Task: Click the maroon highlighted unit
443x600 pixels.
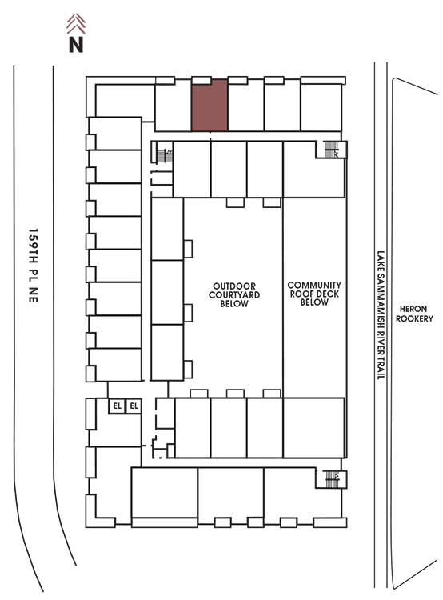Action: [x=210, y=106]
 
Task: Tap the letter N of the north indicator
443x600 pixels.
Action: [x=76, y=44]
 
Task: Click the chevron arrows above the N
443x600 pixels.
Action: [x=76, y=24]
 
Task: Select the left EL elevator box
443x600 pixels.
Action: [x=117, y=406]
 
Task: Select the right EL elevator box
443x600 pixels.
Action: [x=134, y=406]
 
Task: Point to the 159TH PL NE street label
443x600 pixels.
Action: [x=34, y=266]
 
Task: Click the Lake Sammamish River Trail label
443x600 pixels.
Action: [x=381, y=315]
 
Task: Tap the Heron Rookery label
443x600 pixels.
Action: [x=414, y=314]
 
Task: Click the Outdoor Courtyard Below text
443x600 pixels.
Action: [x=234, y=295]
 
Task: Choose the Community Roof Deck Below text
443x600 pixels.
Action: [x=314, y=294]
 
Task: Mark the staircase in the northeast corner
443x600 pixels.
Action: [x=331, y=150]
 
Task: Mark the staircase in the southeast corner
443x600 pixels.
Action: [x=331, y=479]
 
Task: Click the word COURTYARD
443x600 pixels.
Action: [x=234, y=295]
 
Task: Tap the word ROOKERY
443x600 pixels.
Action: [x=414, y=318]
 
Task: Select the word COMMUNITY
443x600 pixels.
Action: [x=314, y=285]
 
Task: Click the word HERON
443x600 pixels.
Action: [x=413, y=309]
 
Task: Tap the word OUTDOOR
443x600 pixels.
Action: [x=234, y=286]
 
